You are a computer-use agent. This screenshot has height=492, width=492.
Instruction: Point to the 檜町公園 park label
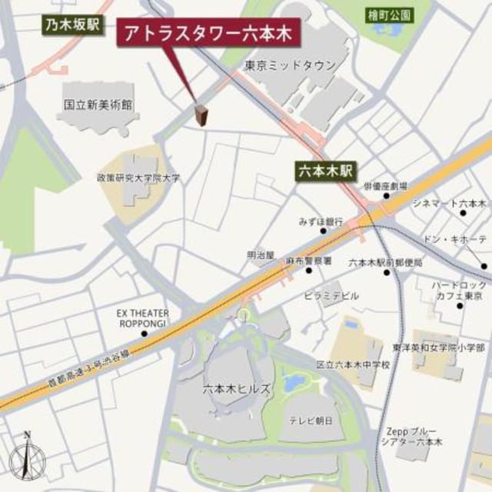click(x=389, y=15)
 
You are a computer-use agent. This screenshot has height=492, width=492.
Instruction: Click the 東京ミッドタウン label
click(x=290, y=66)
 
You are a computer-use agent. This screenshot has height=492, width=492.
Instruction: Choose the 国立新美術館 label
click(x=98, y=102)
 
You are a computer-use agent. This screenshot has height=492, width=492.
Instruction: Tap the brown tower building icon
click(x=202, y=115)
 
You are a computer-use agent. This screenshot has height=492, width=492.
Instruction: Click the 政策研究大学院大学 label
click(x=138, y=178)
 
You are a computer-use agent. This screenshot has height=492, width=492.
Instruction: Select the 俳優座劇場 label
click(x=385, y=186)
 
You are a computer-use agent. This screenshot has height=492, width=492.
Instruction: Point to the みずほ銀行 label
click(x=321, y=221)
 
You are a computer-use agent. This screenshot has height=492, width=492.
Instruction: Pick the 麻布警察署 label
click(x=308, y=261)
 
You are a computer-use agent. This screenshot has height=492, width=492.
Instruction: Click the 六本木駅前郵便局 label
click(x=386, y=262)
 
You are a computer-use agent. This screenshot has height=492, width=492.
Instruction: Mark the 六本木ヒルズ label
click(x=236, y=389)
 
